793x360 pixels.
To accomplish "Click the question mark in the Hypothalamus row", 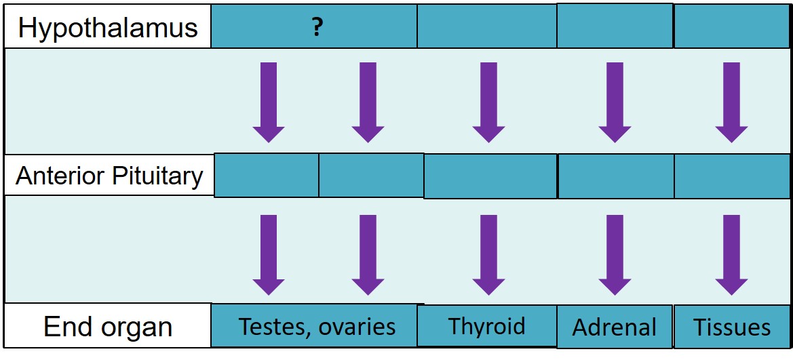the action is (317, 28).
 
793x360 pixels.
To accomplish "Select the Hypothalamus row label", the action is (108, 27).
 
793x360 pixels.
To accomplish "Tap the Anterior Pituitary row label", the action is (109, 176).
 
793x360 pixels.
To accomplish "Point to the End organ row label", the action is (108, 326).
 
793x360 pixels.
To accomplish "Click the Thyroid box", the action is (486, 325).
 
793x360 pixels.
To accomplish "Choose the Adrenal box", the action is (615, 327).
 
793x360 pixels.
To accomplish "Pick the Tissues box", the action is (732, 327).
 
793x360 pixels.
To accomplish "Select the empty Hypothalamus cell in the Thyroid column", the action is (486, 26).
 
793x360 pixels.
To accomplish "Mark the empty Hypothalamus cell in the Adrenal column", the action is (615, 26).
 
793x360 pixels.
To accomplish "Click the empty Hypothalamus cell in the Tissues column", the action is (732, 26).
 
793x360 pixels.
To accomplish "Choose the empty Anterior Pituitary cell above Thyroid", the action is (490, 176).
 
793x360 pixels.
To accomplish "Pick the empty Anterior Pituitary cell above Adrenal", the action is (616, 176).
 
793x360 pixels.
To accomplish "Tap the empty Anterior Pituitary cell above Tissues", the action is (732, 176).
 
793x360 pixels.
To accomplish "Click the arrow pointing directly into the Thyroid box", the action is (488, 255).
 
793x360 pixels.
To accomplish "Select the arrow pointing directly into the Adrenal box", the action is (615, 255).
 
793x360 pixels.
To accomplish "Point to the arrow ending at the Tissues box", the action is (731, 255).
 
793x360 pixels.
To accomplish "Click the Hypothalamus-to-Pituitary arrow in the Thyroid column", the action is (488, 102).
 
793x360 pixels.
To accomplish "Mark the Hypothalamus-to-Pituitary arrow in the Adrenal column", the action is (615, 102).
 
